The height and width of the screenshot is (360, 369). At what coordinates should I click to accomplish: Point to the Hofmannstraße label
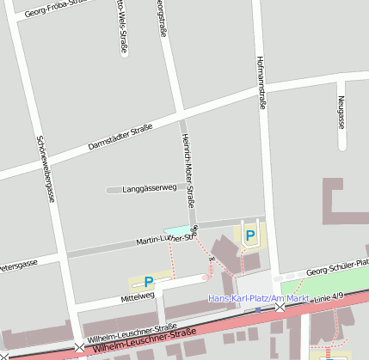(x=261, y=80)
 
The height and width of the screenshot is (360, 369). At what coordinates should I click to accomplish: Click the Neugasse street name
(x=341, y=112)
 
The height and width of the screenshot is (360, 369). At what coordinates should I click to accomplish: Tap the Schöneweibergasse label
(x=46, y=168)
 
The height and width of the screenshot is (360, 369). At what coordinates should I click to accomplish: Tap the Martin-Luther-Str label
(x=163, y=240)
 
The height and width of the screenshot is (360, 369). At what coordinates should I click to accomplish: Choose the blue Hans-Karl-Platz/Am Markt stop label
(x=259, y=298)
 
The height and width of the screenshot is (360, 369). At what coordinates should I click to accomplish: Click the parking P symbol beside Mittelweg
(x=149, y=281)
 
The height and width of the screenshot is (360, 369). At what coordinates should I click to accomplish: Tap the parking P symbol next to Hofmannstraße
(x=250, y=235)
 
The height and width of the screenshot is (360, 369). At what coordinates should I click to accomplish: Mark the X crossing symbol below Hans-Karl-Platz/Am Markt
(x=280, y=307)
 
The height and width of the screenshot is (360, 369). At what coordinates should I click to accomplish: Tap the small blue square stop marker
(x=257, y=308)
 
